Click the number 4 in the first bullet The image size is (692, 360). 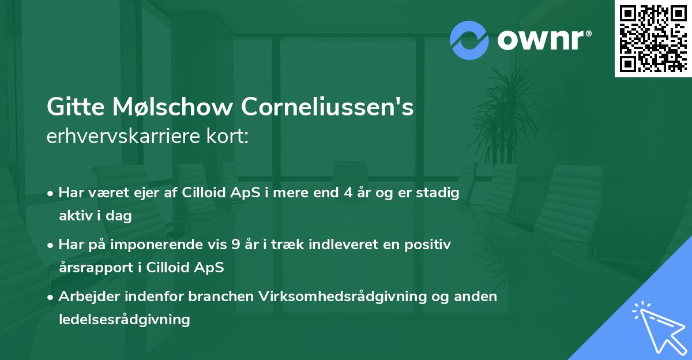point(348,193)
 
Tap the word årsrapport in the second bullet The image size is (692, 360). point(93,268)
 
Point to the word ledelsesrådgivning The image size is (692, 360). point(124,319)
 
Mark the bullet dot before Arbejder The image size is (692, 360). point(51,297)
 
